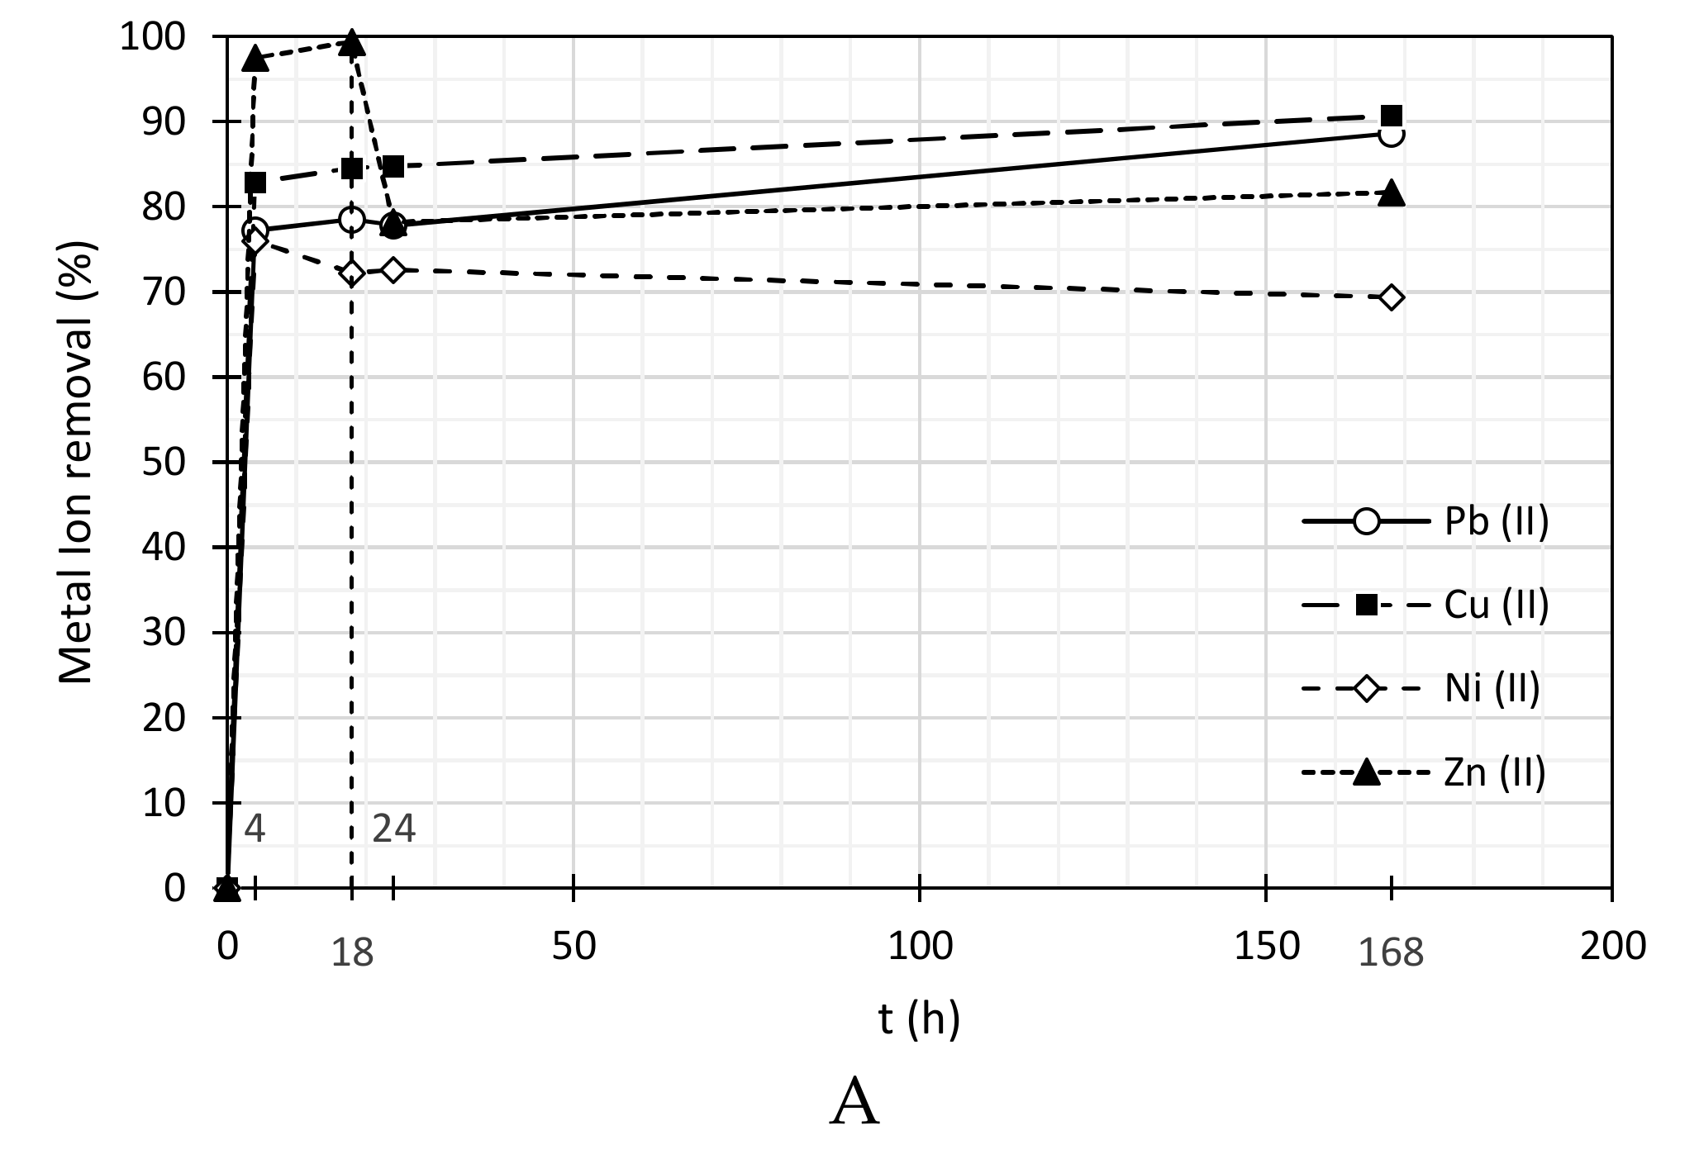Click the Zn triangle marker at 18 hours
point(352,43)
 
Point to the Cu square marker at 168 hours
point(1392,116)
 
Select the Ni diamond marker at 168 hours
point(1392,297)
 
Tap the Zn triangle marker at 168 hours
point(1392,192)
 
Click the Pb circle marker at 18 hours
point(352,220)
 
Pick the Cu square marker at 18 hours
point(352,169)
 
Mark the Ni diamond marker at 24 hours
point(394,270)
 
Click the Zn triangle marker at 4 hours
point(255,59)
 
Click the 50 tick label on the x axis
point(574,946)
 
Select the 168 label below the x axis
point(1392,953)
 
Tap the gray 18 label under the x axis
point(352,953)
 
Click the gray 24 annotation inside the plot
point(394,829)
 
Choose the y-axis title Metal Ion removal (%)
point(78,463)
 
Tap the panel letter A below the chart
point(855,1104)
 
